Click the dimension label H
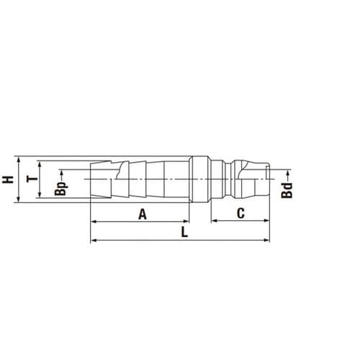[x=8, y=179]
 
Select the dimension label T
[x=32, y=179]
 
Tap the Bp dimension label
[x=60, y=189]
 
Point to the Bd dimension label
[x=287, y=190]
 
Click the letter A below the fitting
[x=143, y=214]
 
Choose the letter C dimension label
[x=240, y=213]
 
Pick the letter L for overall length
[x=184, y=232]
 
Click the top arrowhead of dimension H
[x=19, y=159]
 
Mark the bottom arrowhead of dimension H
[x=19, y=199]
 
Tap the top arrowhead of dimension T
[x=40, y=164]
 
